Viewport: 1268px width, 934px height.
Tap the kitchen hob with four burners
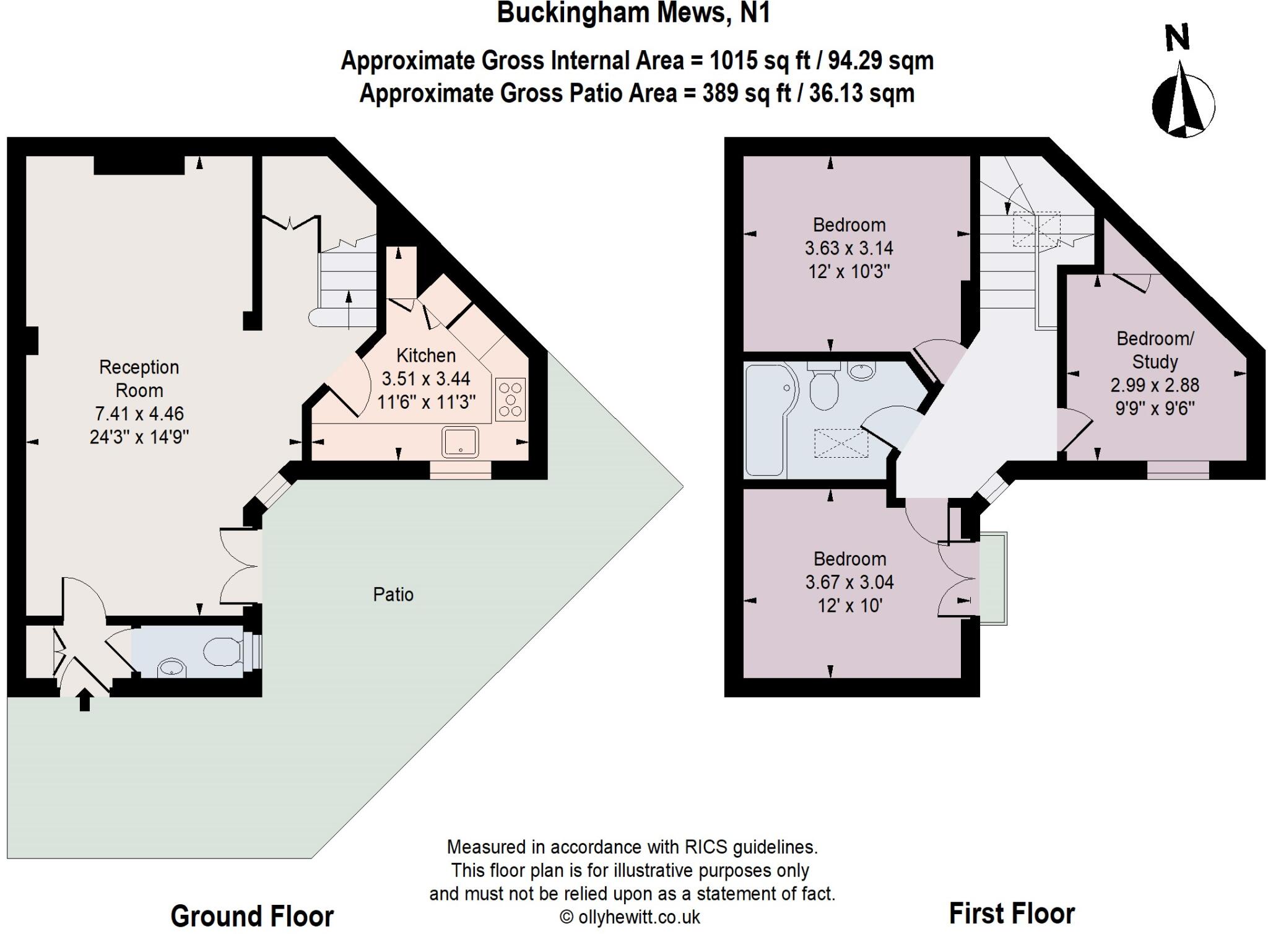click(510, 399)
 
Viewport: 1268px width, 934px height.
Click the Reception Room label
click(139, 378)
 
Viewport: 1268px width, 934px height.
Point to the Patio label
click(393, 595)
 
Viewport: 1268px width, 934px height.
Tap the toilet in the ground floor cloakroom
click(222, 652)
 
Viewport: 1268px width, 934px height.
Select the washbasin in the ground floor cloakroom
click(172, 668)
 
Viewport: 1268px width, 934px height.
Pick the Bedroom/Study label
click(1155, 350)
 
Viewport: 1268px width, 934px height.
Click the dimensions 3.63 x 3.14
click(849, 248)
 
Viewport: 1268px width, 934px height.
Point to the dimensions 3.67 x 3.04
click(849, 582)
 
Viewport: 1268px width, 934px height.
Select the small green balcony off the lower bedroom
click(993, 578)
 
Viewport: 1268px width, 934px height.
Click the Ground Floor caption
click(252, 916)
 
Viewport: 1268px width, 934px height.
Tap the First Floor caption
click(1012, 913)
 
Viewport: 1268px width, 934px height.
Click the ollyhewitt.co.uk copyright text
click(630, 917)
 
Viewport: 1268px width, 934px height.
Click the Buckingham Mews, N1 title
click(633, 14)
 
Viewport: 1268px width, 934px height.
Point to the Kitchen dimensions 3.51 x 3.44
click(426, 378)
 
